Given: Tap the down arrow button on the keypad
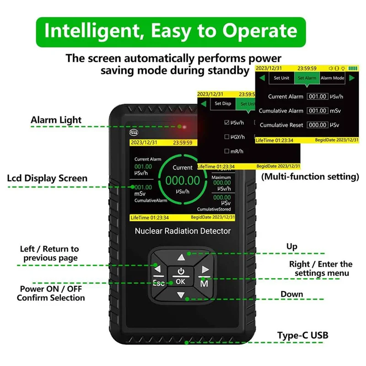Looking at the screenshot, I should click(x=181, y=295).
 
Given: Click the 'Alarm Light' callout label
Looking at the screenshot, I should click(x=56, y=120).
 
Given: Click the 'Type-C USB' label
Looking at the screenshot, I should click(x=302, y=335).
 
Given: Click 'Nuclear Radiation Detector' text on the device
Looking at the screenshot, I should click(x=183, y=231).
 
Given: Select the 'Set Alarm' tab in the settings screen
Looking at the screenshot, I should click(x=307, y=78).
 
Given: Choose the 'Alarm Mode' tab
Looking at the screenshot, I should click(x=332, y=78).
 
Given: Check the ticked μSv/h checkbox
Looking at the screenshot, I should click(x=227, y=123).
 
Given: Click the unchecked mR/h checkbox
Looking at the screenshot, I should click(x=227, y=151).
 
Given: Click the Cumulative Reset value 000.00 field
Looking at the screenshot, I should click(x=317, y=125).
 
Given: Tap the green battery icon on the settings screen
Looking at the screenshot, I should click(x=352, y=68).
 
